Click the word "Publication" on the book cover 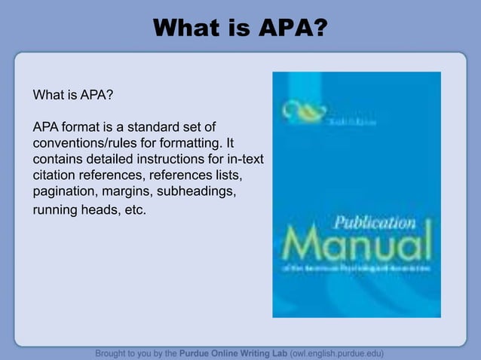point(375,224)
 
